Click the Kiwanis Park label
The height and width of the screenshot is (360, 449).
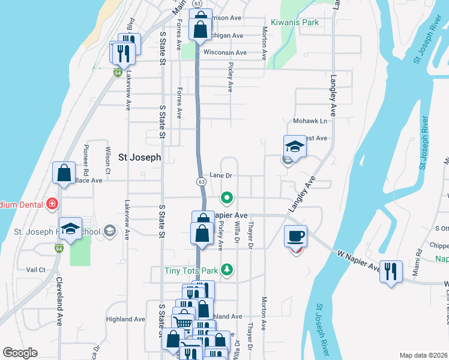294,22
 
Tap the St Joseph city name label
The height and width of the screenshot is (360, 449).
140,158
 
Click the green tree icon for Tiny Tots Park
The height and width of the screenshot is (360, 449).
227,270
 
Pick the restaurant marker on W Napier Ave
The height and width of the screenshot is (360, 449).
391,272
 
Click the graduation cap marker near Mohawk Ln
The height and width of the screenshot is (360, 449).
294,146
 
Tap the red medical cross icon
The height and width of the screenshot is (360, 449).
53,204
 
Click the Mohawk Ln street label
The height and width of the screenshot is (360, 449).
309,121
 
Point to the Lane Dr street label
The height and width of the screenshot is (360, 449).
221,176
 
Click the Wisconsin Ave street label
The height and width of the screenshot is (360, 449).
225,53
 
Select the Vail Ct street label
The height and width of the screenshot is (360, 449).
36,270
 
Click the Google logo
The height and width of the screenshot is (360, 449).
20,353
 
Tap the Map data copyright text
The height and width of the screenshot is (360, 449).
423,355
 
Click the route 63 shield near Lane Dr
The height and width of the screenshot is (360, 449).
202,181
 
